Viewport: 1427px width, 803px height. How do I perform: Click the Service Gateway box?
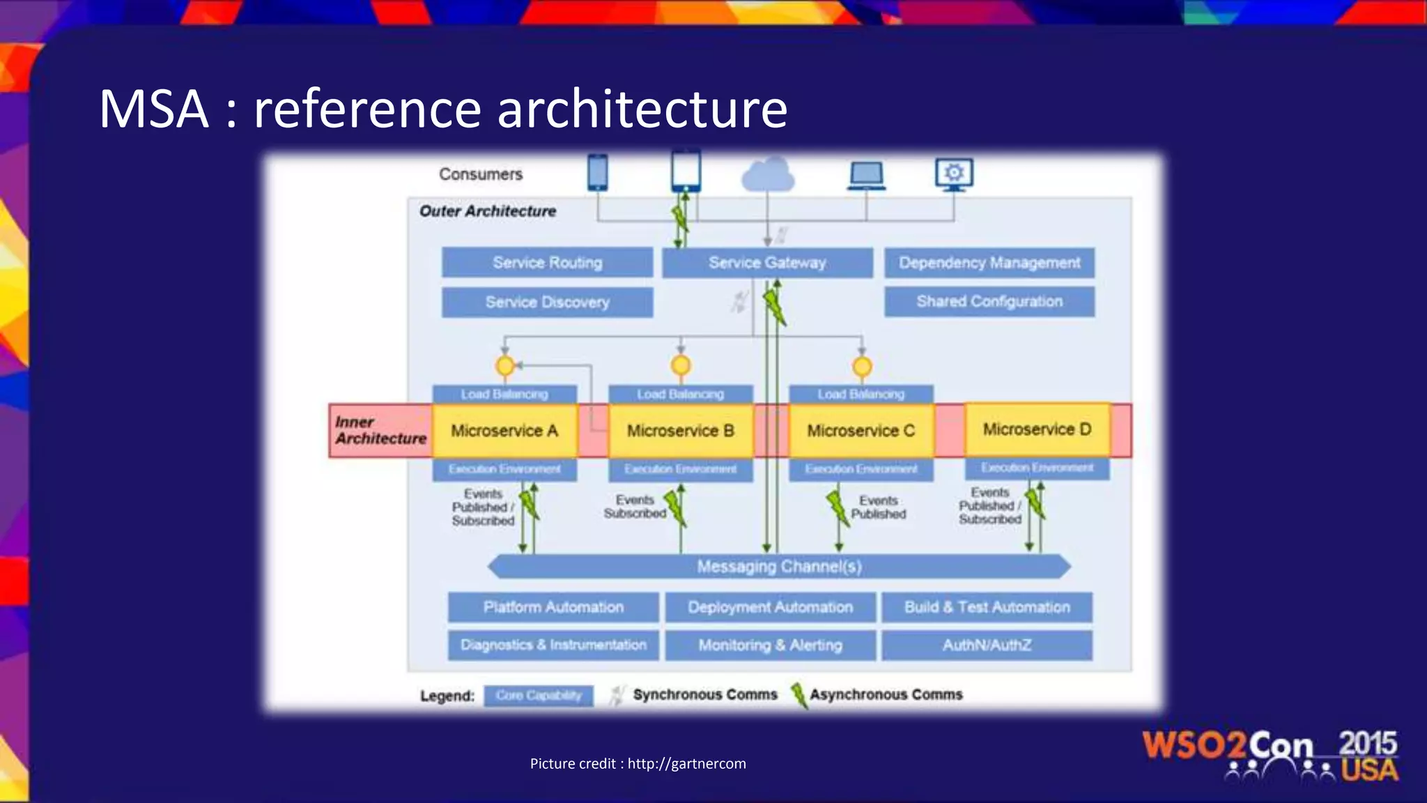767,263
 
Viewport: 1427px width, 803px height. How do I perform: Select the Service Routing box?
547,263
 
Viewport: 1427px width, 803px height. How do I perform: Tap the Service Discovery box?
547,303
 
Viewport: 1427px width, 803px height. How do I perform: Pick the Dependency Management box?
989,263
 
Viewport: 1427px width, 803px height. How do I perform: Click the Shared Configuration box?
989,302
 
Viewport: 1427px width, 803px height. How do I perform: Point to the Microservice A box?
504,431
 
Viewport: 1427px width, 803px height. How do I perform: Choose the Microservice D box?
1037,429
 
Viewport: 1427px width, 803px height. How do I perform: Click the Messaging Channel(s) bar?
779,567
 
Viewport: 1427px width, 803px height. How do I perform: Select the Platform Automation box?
553,607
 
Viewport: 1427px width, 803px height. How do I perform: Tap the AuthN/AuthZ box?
987,645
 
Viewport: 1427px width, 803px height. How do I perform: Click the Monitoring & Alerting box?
770,645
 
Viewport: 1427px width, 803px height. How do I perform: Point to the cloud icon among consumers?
768,174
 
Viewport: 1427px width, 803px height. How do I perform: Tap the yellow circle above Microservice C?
862,366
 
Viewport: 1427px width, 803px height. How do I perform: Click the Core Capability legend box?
539,696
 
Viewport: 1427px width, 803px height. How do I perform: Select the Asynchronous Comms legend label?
886,695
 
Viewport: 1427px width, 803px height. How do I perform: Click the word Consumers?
481,174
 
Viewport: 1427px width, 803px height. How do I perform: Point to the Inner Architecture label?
380,431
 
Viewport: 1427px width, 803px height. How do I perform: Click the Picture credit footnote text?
638,764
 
